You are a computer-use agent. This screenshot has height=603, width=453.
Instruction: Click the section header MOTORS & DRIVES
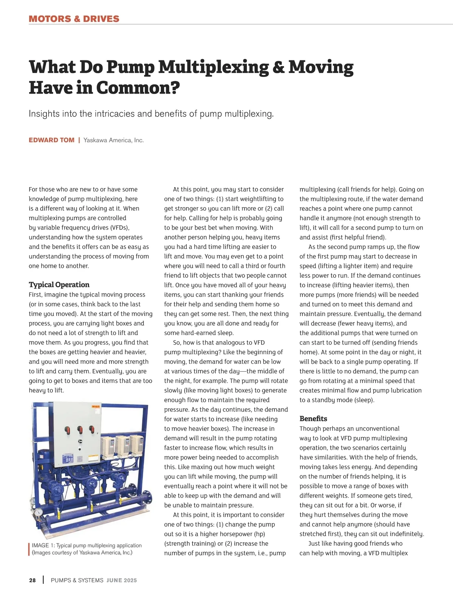tap(74, 19)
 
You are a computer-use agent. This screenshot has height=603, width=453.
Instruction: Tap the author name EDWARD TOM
tap(51, 140)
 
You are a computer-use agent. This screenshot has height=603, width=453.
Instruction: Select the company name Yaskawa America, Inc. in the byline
tap(114, 140)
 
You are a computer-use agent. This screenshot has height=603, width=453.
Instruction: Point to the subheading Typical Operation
tap(59, 285)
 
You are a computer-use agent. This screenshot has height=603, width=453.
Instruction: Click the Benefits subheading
tap(313, 418)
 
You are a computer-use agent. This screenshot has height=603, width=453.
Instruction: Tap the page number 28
tap(32, 580)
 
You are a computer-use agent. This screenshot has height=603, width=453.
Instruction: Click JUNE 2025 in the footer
tap(122, 580)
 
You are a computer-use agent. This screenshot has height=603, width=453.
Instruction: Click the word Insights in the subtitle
tap(44, 114)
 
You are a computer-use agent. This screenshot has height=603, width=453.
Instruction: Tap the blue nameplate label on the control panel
tap(68, 459)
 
